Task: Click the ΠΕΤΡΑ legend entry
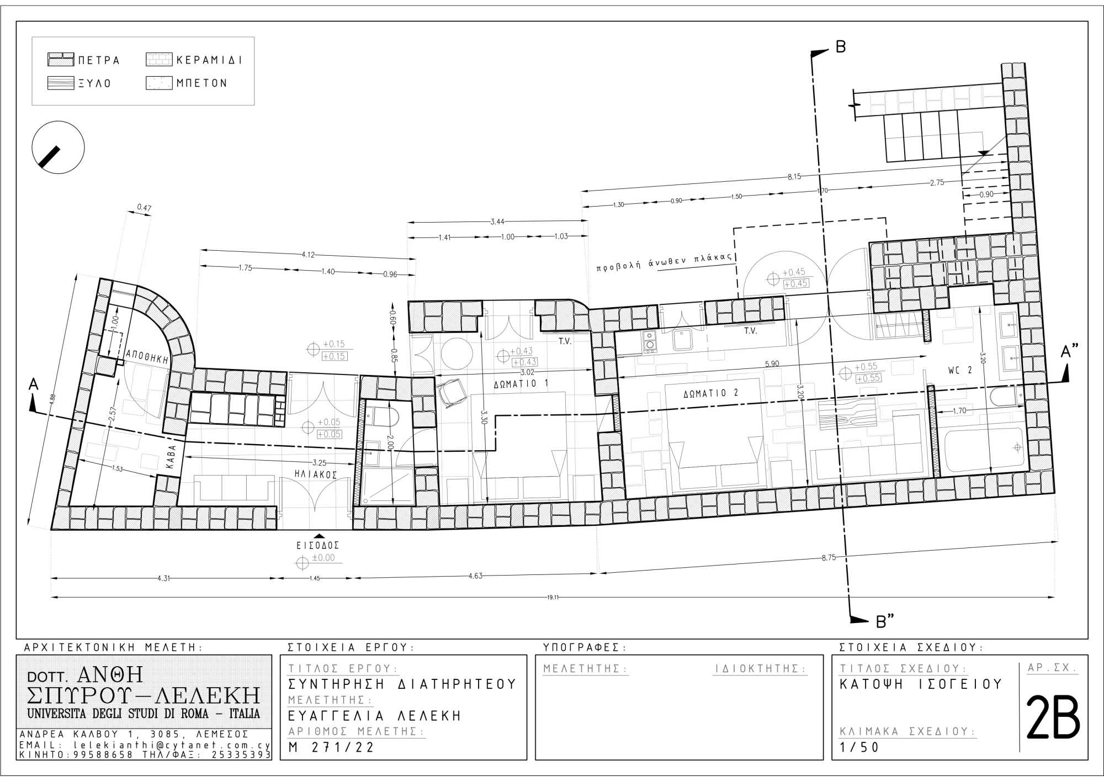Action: (x=84, y=60)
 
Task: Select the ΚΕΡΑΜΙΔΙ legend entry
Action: (x=194, y=60)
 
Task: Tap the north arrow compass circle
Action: (x=58, y=148)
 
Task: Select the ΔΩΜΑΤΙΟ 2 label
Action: (x=710, y=393)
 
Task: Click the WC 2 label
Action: (x=960, y=371)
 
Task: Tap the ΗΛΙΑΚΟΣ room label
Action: (x=316, y=474)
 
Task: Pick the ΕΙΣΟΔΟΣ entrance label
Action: (x=317, y=545)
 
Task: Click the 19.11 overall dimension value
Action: (x=553, y=597)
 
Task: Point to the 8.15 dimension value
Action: (x=794, y=177)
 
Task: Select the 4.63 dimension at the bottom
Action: (x=475, y=576)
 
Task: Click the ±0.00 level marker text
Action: (x=323, y=558)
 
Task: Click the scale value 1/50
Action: (x=859, y=748)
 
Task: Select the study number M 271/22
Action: (x=331, y=748)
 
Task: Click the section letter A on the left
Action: (x=33, y=385)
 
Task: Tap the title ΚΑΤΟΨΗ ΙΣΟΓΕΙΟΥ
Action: (x=921, y=684)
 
